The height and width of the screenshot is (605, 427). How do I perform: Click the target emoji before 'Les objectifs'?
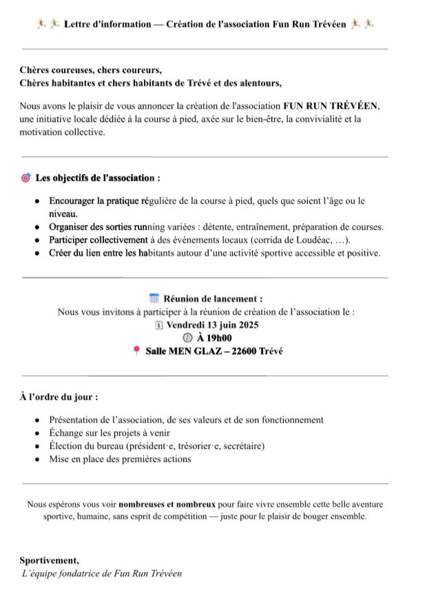pos(26,178)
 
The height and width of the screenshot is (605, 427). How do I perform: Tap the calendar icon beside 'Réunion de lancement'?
pos(154,299)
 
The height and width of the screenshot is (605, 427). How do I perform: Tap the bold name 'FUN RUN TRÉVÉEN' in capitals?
pos(331,107)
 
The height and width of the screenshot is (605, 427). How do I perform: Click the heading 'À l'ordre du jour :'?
pos(59,397)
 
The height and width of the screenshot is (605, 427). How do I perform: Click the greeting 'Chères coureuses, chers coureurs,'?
pos(91,71)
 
